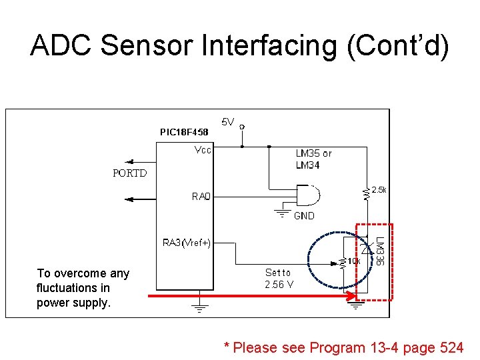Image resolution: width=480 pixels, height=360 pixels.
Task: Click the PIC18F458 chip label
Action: (x=184, y=132)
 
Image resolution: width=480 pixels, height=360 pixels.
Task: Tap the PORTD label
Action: (x=131, y=173)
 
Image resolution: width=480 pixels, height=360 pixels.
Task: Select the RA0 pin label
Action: (x=201, y=197)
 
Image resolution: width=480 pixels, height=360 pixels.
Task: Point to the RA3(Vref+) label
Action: (x=187, y=243)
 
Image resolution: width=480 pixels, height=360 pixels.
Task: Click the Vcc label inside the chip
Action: (x=202, y=150)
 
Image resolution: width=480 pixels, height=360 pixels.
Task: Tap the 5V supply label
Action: (x=228, y=122)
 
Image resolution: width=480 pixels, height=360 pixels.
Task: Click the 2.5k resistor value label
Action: (x=379, y=190)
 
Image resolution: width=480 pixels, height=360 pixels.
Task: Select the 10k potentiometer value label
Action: (x=353, y=261)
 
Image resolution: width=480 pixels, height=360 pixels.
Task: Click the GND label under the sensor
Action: (x=304, y=215)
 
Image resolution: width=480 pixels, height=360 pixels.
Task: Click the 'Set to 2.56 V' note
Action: (x=278, y=278)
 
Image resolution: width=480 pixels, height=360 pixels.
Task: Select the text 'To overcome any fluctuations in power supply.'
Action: (x=83, y=287)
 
